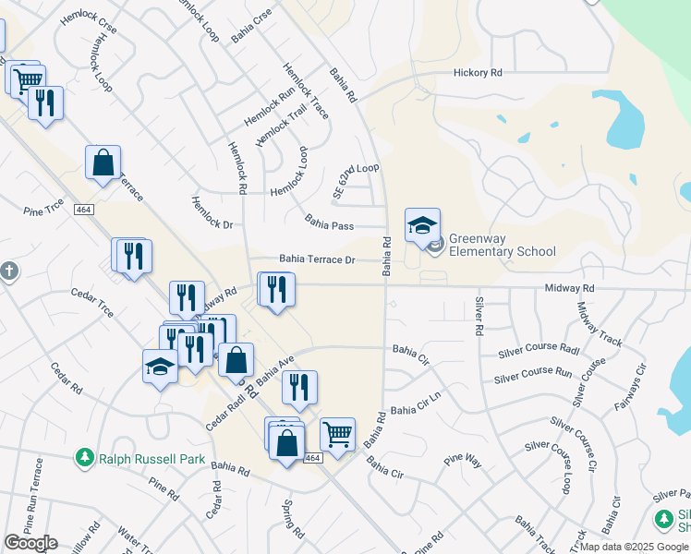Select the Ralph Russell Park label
point(147,458)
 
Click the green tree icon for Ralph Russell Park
point(85,458)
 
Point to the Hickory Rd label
point(477,72)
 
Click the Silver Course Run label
point(532,375)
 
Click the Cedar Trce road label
point(92,302)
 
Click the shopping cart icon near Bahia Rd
point(337,432)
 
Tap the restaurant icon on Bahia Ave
point(299,388)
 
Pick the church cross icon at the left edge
point(7,271)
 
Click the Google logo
point(30,543)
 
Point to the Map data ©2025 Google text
point(633,547)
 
